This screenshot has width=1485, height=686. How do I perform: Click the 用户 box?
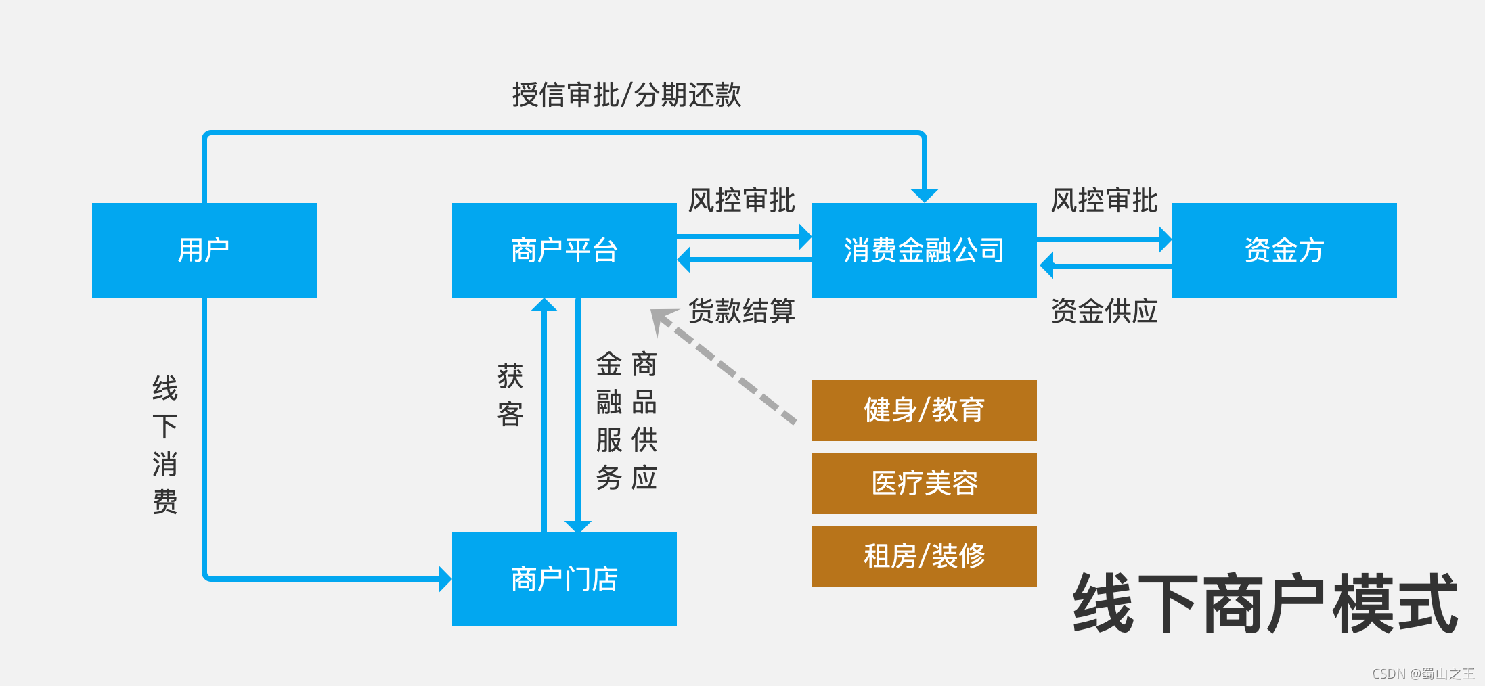[x=204, y=250]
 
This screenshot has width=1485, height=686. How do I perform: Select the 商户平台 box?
[x=564, y=250]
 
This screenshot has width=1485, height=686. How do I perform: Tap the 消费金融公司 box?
[x=924, y=250]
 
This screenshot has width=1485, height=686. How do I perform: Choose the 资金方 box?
[x=1284, y=250]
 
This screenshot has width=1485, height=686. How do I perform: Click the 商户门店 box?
[x=564, y=579]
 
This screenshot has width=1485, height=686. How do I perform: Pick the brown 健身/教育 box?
[x=924, y=411]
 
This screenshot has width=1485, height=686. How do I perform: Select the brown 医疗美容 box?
[x=924, y=484]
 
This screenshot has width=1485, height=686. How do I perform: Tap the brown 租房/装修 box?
[x=924, y=557]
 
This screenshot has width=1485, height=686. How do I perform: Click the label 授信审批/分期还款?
[x=626, y=95]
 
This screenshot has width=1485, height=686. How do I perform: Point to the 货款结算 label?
[x=741, y=311]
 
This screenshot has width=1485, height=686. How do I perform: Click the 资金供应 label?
[x=1104, y=311]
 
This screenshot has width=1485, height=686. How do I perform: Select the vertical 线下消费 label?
[x=165, y=444]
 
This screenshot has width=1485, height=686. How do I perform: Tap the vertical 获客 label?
[x=510, y=395]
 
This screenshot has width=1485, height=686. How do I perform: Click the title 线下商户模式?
[x=1264, y=603]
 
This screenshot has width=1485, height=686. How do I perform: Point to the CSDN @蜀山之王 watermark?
[x=1423, y=674]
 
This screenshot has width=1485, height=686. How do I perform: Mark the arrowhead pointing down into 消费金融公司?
[x=924, y=196]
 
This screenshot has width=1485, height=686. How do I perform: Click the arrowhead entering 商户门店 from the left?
[x=445, y=579]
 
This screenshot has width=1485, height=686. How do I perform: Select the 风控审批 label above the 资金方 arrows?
[x=1104, y=201]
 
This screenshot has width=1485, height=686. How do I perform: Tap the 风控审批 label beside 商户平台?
[x=741, y=201]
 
